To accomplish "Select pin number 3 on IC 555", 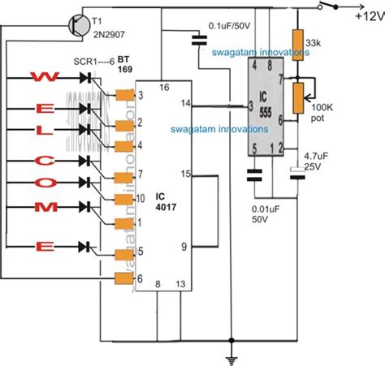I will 253,105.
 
